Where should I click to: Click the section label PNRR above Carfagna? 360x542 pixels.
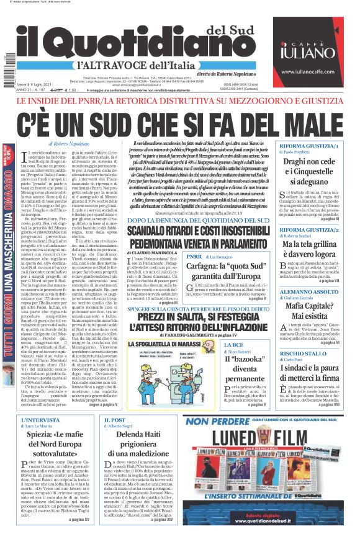[x=194, y=255]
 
